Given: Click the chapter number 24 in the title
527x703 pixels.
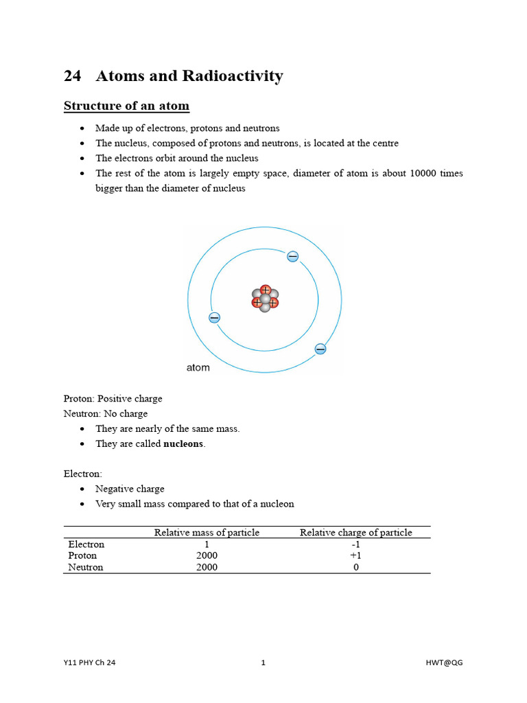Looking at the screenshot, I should [72, 76].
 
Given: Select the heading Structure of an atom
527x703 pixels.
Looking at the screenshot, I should [126, 106].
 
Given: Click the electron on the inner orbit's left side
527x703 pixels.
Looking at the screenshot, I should [214, 317].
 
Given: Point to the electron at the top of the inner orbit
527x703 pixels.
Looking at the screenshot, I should [293, 257].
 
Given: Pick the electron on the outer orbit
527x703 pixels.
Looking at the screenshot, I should [320, 349].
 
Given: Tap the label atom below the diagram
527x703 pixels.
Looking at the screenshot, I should [198, 368].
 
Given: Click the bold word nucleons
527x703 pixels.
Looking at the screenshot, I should [183, 443].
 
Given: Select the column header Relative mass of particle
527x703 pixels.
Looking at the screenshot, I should [207, 533].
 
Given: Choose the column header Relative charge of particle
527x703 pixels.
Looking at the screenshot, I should [355, 533].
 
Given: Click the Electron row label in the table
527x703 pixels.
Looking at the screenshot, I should [86, 544].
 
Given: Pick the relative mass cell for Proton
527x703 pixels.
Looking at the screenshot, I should [207, 555].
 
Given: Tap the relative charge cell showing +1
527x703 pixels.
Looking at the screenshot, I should [355, 555].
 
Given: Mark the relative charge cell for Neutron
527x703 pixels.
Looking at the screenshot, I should [355, 567].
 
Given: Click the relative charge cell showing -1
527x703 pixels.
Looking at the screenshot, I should [355, 544].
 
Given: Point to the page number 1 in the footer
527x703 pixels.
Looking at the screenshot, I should [263, 662].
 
